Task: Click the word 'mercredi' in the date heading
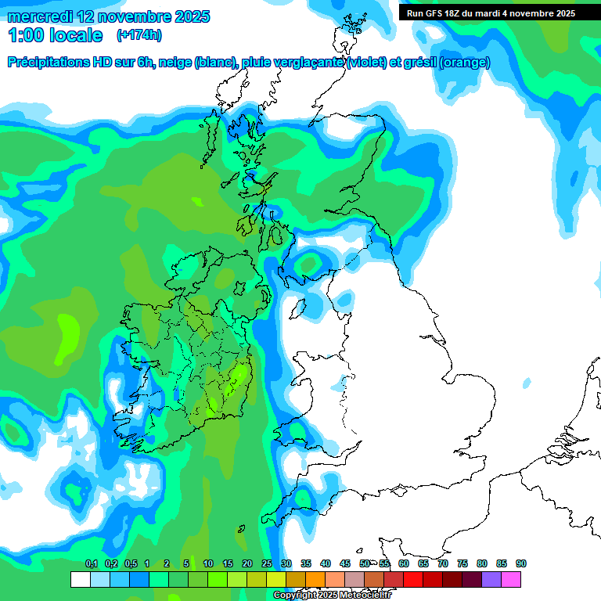click(x=40, y=16)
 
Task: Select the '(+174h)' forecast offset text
click(x=139, y=35)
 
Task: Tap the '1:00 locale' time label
click(x=55, y=35)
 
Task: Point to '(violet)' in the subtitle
click(x=365, y=63)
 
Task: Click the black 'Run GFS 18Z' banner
click(x=491, y=13)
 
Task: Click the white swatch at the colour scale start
click(x=80, y=580)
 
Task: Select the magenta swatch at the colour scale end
click(x=511, y=580)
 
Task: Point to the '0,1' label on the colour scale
click(x=91, y=564)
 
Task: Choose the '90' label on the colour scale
click(x=521, y=564)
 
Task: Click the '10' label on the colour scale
click(x=208, y=564)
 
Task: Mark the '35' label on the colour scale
click(x=306, y=564)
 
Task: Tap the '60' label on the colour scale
click(x=404, y=564)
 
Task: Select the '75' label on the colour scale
click(x=462, y=564)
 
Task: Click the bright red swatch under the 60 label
click(x=413, y=580)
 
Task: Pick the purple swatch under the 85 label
click(x=491, y=580)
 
